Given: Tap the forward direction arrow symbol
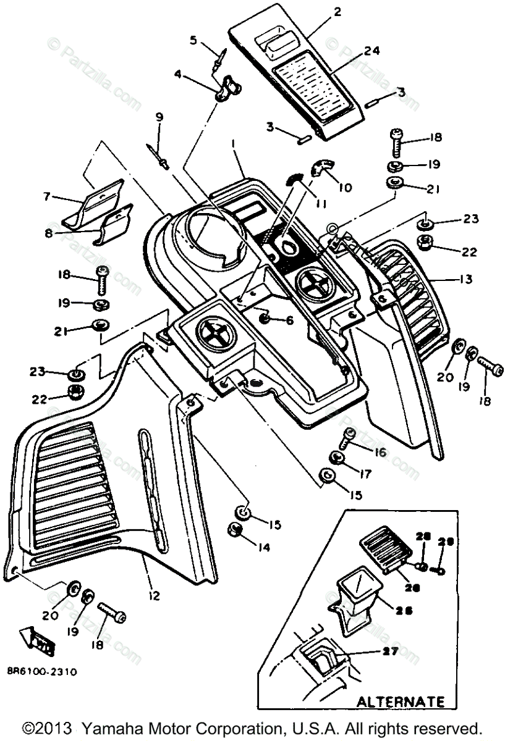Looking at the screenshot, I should coord(35,640).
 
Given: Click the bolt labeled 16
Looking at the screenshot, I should coord(347,439).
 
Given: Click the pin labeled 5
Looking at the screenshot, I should coord(219,59).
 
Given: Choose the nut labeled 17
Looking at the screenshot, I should coord(336,458).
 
